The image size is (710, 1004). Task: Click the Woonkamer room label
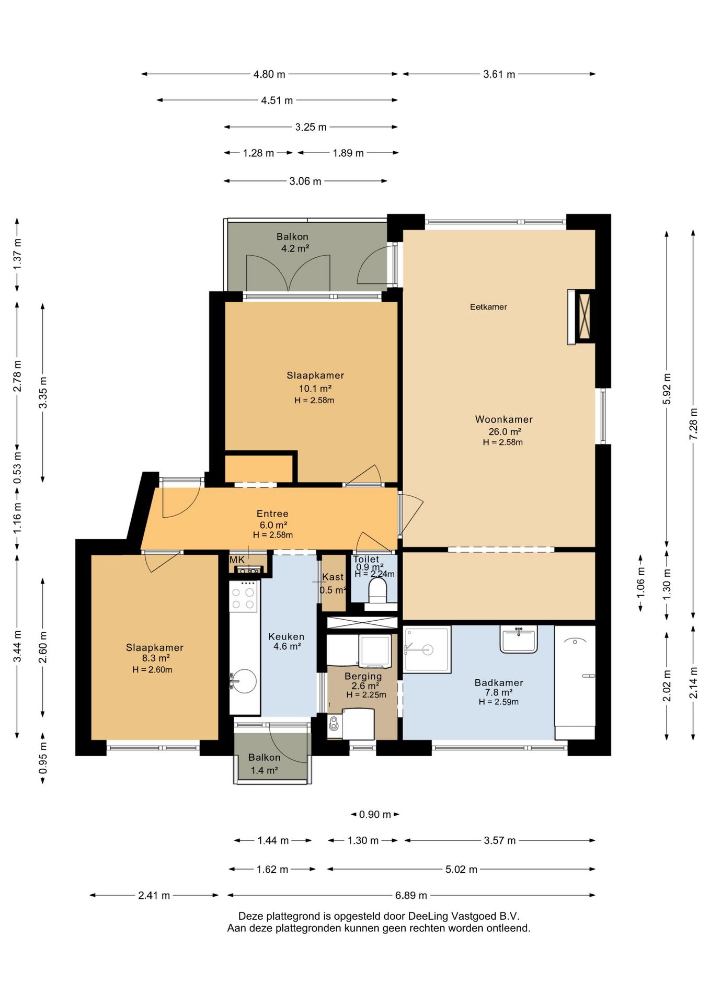click(x=503, y=419)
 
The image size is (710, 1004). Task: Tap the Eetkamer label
click(x=488, y=307)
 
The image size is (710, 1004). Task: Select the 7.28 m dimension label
click(x=693, y=424)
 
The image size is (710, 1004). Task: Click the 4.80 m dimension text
click(x=269, y=74)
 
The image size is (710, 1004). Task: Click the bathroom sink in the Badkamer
click(x=518, y=638)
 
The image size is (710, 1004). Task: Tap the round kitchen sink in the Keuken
click(x=244, y=681)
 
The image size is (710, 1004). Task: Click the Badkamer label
click(x=499, y=682)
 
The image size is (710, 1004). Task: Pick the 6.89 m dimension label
click(x=411, y=895)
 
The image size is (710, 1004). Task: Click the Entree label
click(x=272, y=514)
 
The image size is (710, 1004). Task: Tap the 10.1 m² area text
click(x=315, y=388)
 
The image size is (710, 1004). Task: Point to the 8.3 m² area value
click(x=156, y=658)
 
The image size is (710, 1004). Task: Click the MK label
click(x=237, y=560)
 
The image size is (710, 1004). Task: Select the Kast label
click(x=333, y=577)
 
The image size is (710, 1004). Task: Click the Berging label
click(x=363, y=676)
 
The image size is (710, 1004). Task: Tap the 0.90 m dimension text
click(x=375, y=814)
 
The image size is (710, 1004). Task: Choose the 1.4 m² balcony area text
click(x=264, y=770)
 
